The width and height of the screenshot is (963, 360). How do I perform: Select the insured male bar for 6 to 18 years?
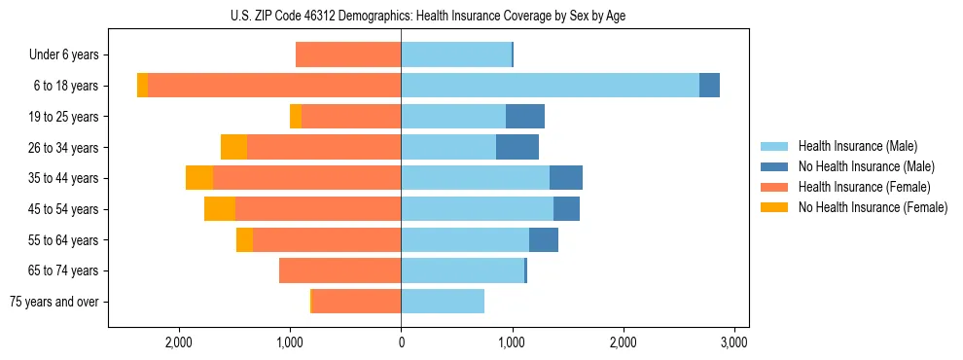click(550, 86)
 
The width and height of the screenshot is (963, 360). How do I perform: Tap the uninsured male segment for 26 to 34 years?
click(517, 147)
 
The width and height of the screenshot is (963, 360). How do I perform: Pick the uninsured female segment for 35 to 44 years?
click(199, 178)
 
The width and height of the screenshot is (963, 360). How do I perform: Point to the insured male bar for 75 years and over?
click(443, 302)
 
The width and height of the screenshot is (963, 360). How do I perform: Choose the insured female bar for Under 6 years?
click(348, 54)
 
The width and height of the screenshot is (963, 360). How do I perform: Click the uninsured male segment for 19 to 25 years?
click(525, 117)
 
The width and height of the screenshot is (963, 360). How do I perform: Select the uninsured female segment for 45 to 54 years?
click(220, 208)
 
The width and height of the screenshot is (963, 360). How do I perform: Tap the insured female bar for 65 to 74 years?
click(340, 270)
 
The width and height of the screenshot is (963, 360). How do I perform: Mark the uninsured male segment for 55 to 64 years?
click(544, 239)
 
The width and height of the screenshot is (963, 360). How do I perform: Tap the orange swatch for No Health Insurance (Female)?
click(774, 207)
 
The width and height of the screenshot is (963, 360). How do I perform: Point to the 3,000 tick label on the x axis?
click(734, 342)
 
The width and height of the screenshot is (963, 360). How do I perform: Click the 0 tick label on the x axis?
click(401, 342)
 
